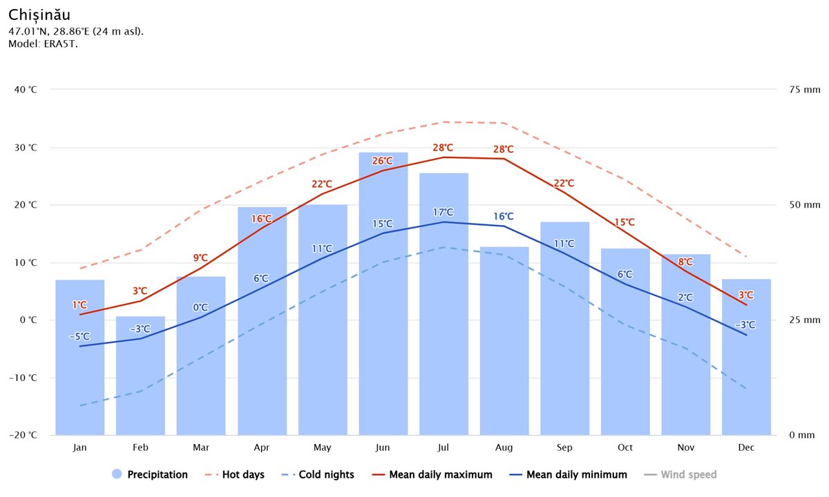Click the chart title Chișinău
(x=39, y=14)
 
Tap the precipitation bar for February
(x=140, y=376)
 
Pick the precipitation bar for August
(x=504, y=342)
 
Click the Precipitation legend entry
(x=149, y=474)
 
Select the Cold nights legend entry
(x=318, y=474)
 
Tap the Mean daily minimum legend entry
(x=568, y=474)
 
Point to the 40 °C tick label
(x=24, y=90)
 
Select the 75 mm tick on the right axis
(x=803, y=90)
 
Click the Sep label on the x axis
(x=564, y=448)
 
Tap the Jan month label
(x=79, y=448)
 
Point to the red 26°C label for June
(x=383, y=162)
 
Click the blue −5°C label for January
(x=79, y=337)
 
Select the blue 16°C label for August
(x=504, y=217)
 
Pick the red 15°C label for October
(x=625, y=222)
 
